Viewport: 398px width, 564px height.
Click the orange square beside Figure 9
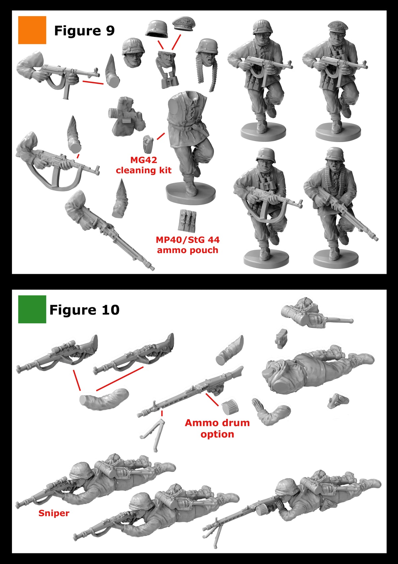(32, 30)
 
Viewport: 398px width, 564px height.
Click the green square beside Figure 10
(32, 309)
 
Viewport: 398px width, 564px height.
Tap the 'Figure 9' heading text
(84, 31)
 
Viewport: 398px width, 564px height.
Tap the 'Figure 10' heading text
(84, 310)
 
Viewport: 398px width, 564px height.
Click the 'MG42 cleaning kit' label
(143, 165)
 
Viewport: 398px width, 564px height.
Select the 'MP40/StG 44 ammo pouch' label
(187, 245)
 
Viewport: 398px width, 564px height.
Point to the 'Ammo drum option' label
(217, 428)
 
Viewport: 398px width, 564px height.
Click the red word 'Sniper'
(54, 513)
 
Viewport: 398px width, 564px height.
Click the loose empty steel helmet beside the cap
(157, 28)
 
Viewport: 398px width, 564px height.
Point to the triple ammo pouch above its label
(187, 220)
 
